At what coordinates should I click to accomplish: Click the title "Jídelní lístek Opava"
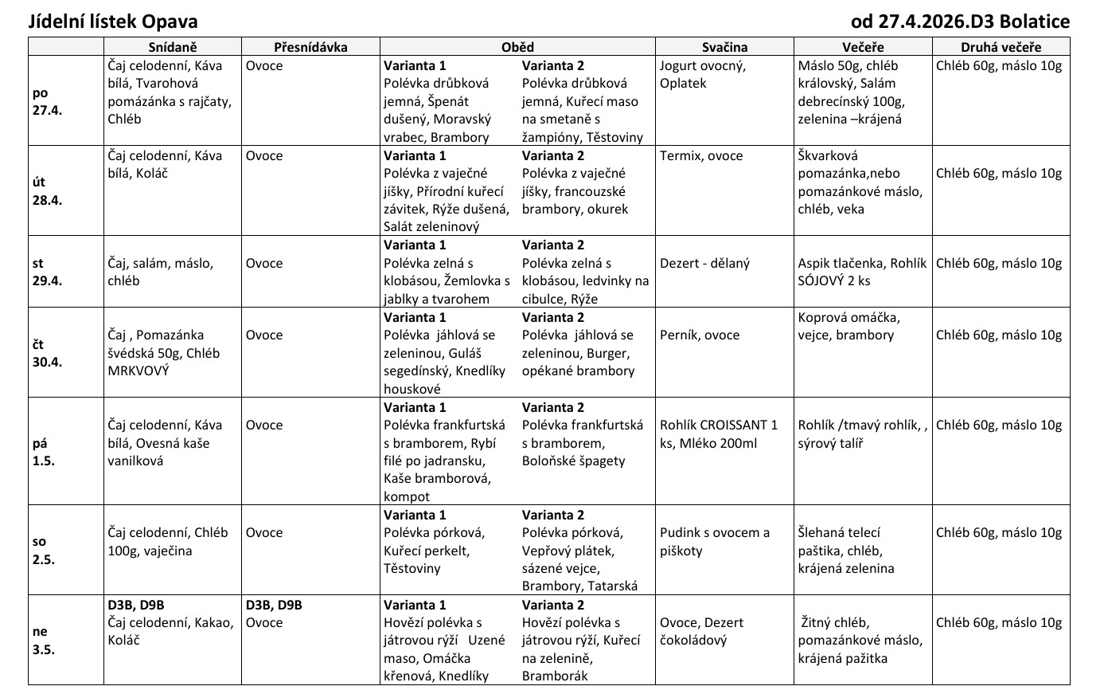pyautogui.click(x=113, y=22)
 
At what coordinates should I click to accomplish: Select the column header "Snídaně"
pyautogui.click(x=172, y=47)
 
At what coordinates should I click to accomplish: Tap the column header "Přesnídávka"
pyautogui.click(x=310, y=47)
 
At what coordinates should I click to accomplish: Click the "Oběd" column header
pyautogui.click(x=517, y=47)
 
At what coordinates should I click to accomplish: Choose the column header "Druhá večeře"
pyautogui.click(x=1001, y=47)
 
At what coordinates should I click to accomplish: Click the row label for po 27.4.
pyautogui.click(x=47, y=101)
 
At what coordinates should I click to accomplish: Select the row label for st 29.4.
pyautogui.click(x=47, y=272)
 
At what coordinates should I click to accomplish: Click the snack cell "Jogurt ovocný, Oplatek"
pyautogui.click(x=703, y=74)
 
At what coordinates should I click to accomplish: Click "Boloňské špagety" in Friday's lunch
pyautogui.click(x=574, y=461)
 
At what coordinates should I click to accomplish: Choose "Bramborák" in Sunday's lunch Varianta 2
pyautogui.click(x=555, y=676)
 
